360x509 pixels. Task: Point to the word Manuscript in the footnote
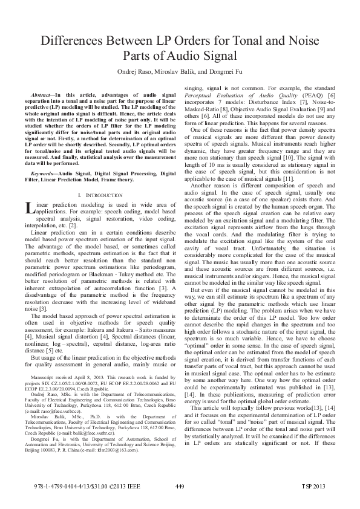pyautogui.click(x=43, y=375)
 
